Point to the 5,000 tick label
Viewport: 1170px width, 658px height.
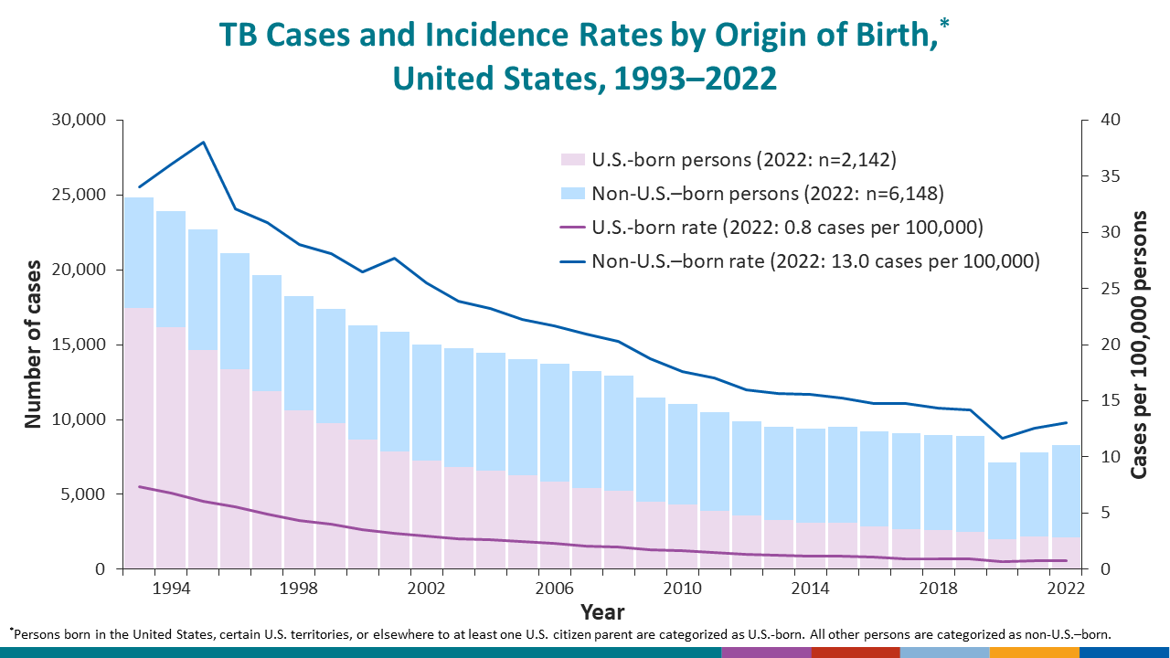[x=80, y=494]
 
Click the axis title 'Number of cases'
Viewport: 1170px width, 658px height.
[x=34, y=344]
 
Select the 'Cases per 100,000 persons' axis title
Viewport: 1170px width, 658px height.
[x=1139, y=344]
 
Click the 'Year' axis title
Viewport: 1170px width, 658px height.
[x=602, y=610]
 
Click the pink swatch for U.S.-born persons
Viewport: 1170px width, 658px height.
[x=571, y=159]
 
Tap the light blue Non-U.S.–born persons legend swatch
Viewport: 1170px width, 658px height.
[x=571, y=193]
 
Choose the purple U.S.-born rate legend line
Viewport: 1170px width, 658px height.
[x=571, y=228]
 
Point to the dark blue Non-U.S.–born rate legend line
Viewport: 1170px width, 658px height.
[x=571, y=261]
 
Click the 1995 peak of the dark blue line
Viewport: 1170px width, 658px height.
[x=203, y=143]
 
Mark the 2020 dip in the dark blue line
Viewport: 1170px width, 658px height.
[x=1002, y=438]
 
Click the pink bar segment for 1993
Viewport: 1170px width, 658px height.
[x=139, y=439]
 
